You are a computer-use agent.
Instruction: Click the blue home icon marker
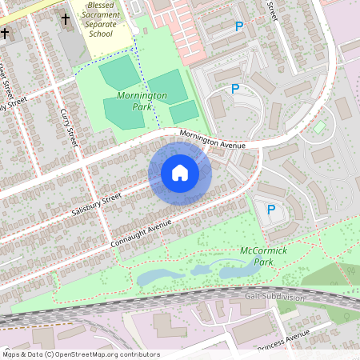[x=180, y=173]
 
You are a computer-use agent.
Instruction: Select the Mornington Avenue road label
[x=212, y=141]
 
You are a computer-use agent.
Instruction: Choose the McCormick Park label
[x=262, y=256]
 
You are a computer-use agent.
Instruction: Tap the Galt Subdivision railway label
[x=274, y=297]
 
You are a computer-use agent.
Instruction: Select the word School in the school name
[x=99, y=34]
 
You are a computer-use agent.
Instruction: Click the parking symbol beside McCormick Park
[x=271, y=210]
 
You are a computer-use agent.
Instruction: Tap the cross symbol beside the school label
[x=66, y=18]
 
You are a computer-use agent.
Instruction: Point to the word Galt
[x=254, y=297]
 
